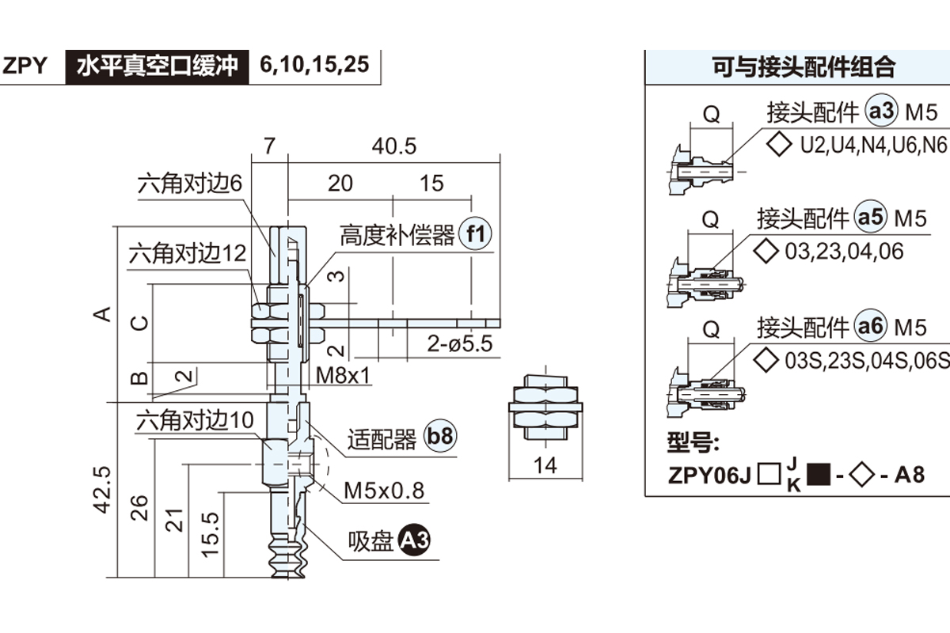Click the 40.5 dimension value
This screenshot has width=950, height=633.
[x=394, y=146]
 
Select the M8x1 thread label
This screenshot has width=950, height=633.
[x=344, y=374]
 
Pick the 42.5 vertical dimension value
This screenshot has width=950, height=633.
[x=104, y=491]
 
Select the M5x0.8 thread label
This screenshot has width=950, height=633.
[x=384, y=491]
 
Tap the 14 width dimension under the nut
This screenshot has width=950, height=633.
[x=545, y=464]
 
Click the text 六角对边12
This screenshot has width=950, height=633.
[x=188, y=255]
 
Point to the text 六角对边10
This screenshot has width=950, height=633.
[x=196, y=420]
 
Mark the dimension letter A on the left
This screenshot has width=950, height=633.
[x=102, y=314]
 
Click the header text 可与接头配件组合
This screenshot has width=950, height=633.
[x=804, y=67]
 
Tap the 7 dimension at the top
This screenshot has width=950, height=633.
[x=269, y=146]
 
